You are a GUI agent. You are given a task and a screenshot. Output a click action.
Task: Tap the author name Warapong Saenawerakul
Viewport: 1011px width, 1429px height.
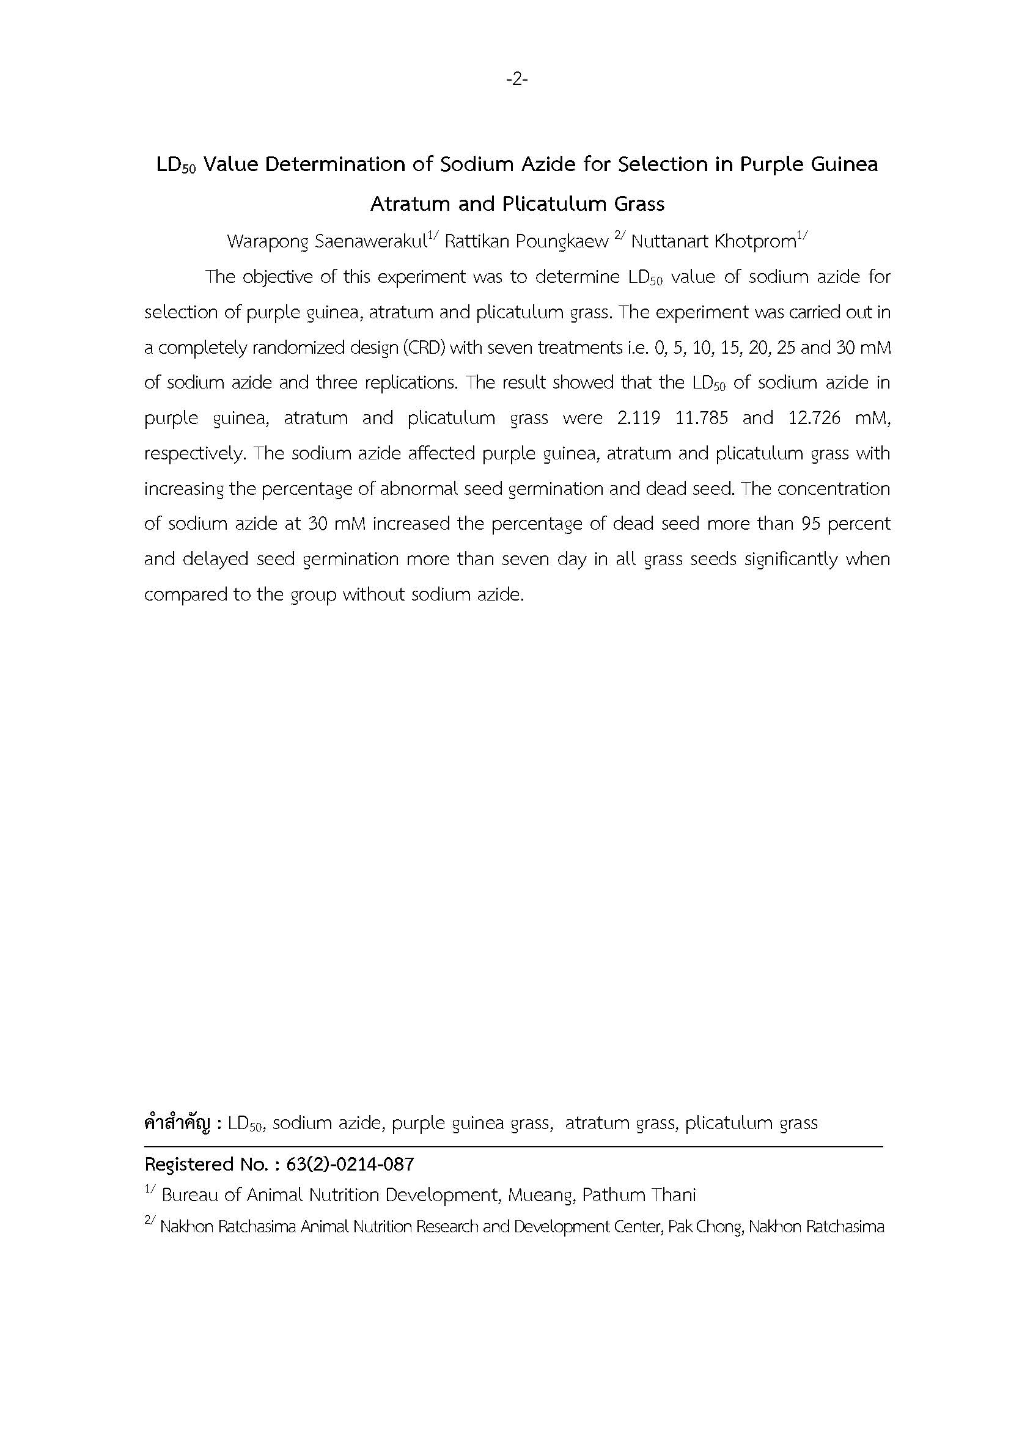(x=326, y=241)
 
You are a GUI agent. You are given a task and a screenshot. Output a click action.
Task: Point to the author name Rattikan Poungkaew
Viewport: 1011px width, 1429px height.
(x=526, y=241)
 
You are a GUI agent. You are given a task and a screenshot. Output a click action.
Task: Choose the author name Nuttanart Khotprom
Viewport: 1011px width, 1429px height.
(x=713, y=241)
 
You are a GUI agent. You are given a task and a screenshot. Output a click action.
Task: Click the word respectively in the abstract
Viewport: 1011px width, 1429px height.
(x=194, y=453)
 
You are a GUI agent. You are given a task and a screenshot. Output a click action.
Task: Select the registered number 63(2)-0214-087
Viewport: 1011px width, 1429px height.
(x=350, y=1164)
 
